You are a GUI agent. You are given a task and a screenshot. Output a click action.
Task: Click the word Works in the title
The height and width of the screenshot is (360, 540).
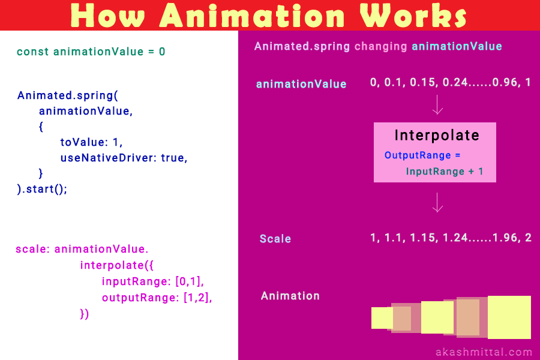[x=413, y=16]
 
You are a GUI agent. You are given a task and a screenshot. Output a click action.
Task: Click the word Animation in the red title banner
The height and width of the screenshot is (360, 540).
[x=252, y=16]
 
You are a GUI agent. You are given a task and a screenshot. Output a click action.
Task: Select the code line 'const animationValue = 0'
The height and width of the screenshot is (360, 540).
[x=91, y=52]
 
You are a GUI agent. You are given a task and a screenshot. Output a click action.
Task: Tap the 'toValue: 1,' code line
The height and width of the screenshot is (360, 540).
[x=91, y=142]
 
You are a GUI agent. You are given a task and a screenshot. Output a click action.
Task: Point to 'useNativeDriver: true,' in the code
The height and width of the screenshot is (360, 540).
[x=124, y=158]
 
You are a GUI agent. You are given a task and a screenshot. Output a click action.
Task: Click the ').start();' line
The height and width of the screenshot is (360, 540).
[x=42, y=189]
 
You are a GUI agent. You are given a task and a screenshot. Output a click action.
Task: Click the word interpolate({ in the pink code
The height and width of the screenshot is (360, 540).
[x=117, y=265]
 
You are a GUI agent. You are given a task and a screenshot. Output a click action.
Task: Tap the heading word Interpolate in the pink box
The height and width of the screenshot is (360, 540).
[x=437, y=135]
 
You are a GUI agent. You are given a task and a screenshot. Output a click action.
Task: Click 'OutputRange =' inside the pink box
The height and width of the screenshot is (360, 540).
[x=422, y=155]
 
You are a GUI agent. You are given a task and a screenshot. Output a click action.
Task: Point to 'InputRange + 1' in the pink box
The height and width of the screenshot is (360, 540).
[x=445, y=171]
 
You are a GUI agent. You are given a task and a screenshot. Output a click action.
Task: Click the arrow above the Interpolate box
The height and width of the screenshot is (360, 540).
[x=437, y=104]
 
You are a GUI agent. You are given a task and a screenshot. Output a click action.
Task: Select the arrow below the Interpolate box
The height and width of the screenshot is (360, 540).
[x=437, y=202]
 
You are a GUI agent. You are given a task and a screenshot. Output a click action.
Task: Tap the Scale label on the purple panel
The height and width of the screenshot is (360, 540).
[x=275, y=239]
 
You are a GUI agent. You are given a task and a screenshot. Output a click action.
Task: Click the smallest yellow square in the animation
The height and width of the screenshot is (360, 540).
[x=382, y=318]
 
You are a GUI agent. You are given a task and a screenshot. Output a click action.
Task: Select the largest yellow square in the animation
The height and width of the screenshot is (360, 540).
[x=509, y=317]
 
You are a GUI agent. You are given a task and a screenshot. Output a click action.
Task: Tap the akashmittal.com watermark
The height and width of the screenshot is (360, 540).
[x=484, y=352]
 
